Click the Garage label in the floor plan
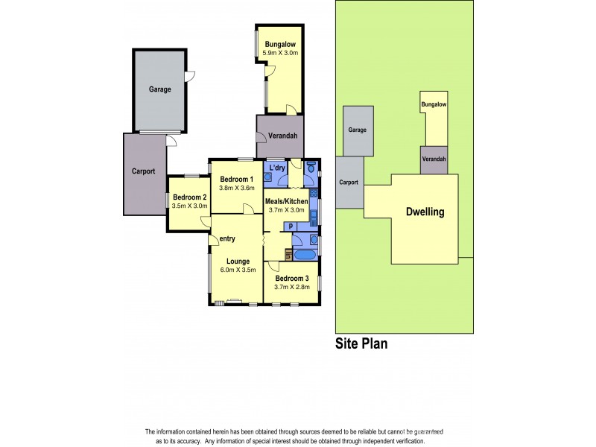click(159, 89)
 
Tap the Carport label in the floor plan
click(143, 171)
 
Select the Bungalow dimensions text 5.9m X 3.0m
click(281, 53)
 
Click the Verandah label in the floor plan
click(283, 136)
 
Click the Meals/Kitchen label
click(286, 201)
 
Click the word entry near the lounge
click(227, 238)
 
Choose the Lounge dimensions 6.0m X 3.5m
click(238, 270)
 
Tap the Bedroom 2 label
click(188, 197)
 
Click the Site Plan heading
click(361, 343)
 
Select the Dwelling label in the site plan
click(425, 212)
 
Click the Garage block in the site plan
click(358, 130)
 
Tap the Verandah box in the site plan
click(434, 160)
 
